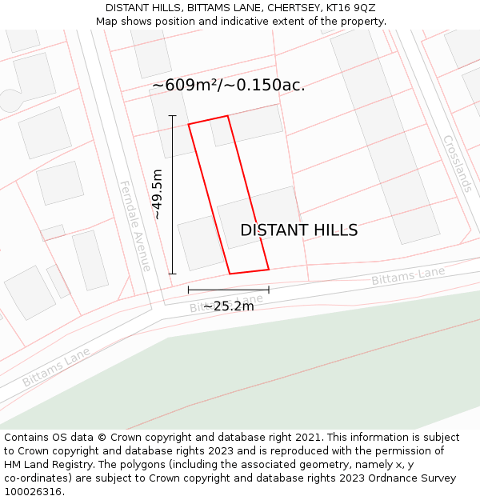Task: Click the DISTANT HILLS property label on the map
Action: [298, 230]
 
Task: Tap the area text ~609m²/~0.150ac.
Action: [228, 85]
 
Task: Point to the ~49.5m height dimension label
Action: [158, 194]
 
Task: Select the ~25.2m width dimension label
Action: [228, 306]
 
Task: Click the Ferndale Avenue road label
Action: [135, 226]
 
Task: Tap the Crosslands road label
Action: [457, 163]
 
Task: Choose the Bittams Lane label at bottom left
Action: [56, 367]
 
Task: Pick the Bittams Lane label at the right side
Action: [408, 277]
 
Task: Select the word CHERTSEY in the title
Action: [294, 8]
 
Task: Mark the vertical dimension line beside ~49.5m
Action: [172, 194]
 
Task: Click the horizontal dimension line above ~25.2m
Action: [228, 290]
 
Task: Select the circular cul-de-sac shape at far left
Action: [11, 100]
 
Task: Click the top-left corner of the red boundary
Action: [189, 124]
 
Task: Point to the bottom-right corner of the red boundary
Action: [268, 269]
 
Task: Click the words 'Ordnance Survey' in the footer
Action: [416, 478]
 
